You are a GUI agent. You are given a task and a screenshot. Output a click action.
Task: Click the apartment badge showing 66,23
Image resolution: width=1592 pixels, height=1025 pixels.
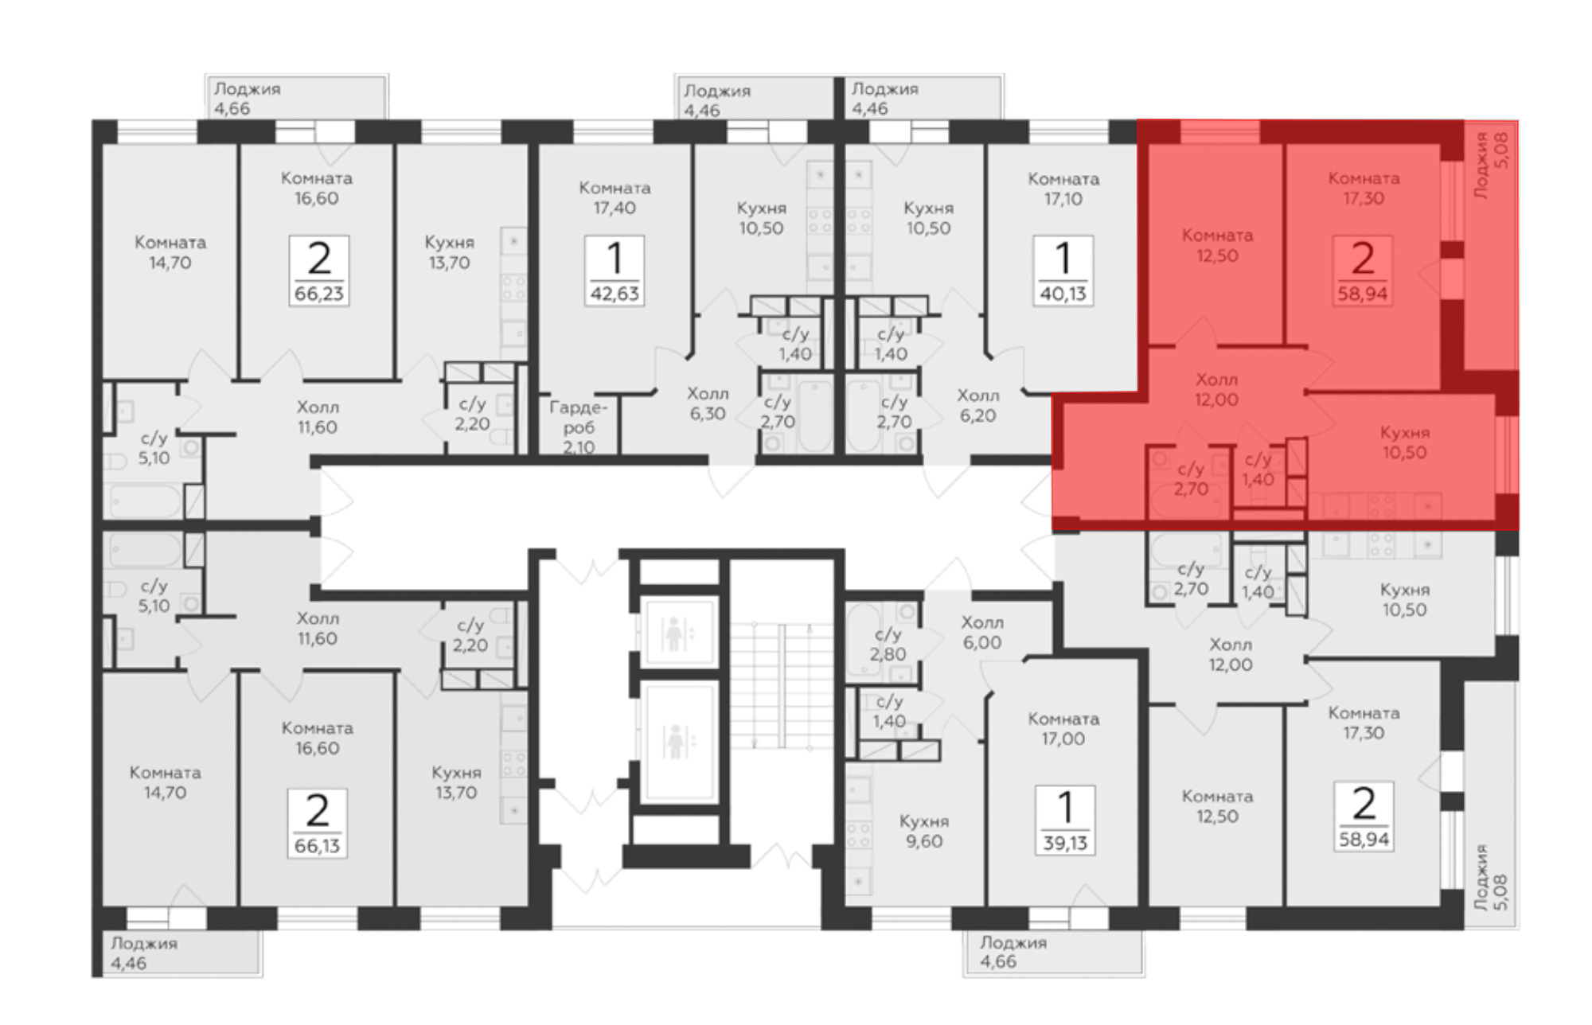pyautogui.click(x=318, y=271)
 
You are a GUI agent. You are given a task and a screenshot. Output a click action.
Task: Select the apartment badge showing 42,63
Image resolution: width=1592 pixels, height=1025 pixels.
pyautogui.click(x=615, y=271)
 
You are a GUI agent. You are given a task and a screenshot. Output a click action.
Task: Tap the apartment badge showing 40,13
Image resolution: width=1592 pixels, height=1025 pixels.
pyautogui.click(x=1063, y=271)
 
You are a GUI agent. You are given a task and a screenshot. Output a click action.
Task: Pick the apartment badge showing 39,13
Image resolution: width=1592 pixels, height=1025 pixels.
pyautogui.click(x=1065, y=820)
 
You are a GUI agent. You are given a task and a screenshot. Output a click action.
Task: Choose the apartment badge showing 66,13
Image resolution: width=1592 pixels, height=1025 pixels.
pyautogui.click(x=318, y=823)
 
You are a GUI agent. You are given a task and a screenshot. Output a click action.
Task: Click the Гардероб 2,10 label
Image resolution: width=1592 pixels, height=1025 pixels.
pyautogui.click(x=579, y=427)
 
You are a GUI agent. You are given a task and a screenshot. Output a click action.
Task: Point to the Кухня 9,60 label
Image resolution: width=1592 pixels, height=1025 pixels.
pyautogui.click(x=924, y=831)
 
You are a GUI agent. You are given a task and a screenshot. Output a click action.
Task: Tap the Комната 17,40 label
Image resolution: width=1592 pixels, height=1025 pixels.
pyautogui.click(x=615, y=198)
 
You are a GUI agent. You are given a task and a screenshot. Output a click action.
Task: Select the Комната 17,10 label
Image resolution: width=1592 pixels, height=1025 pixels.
pyautogui.click(x=1063, y=189)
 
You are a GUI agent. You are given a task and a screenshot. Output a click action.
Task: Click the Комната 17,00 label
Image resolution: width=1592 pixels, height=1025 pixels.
pyautogui.click(x=1063, y=728)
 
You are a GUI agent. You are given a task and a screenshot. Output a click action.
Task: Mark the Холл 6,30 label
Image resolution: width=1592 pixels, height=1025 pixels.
pyautogui.click(x=708, y=403)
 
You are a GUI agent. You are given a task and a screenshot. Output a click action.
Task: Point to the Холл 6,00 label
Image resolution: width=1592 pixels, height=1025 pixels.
pyautogui.click(x=982, y=633)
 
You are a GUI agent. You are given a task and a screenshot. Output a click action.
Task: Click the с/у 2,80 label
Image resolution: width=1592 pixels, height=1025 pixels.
pyautogui.click(x=888, y=645)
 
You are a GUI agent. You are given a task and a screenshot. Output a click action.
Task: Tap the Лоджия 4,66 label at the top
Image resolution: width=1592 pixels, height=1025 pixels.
pyautogui.click(x=247, y=99)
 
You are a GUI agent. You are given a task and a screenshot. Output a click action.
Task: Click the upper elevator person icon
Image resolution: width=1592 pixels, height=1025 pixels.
pyautogui.click(x=675, y=634)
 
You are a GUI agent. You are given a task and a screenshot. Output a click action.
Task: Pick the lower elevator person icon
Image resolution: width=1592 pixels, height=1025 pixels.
pyautogui.click(x=676, y=742)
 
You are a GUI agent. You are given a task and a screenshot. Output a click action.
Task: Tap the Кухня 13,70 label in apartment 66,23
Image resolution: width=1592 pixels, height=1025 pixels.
pyautogui.click(x=449, y=252)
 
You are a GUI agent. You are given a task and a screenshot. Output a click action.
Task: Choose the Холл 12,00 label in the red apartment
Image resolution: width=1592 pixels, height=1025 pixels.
pyautogui.click(x=1216, y=389)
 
